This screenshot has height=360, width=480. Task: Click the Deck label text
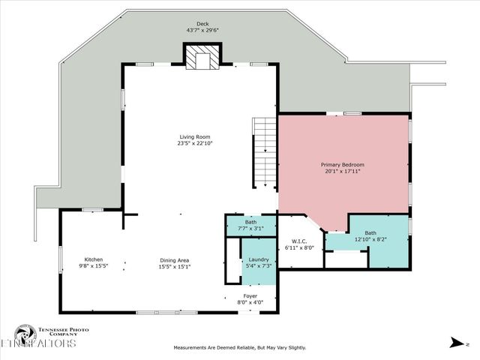pyautogui.click(x=202, y=24)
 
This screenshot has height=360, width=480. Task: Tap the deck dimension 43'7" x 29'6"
pyautogui.click(x=202, y=31)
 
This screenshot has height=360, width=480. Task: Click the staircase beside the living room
pyautogui.click(x=264, y=153)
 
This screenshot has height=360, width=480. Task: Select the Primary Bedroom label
pyautogui.click(x=344, y=164)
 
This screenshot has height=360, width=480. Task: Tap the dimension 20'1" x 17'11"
pyautogui.click(x=344, y=171)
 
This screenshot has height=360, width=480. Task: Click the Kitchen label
pyautogui.click(x=94, y=259)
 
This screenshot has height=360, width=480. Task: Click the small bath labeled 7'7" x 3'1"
pyautogui.click(x=250, y=225)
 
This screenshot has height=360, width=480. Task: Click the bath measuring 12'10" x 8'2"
pyautogui.click(x=370, y=236)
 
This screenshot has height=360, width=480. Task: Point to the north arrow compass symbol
pyautogui.click(x=455, y=343)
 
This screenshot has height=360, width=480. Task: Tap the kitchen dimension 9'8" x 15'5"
pyautogui.click(x=94, y=266)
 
